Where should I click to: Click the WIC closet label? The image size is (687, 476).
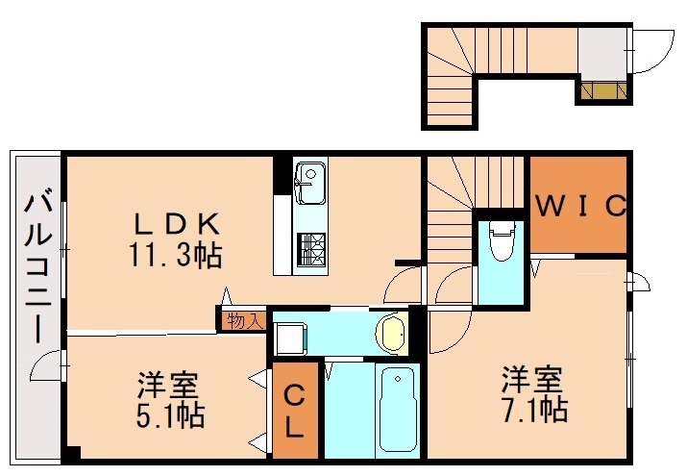click(x=580, y=205)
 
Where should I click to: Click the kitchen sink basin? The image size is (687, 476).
click(x=310, y=184)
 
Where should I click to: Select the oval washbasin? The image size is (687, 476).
click(x=391, y=333)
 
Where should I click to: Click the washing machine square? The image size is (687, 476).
click(x=288, y=337)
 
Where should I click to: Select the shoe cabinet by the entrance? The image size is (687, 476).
click(x=603, y=92)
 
